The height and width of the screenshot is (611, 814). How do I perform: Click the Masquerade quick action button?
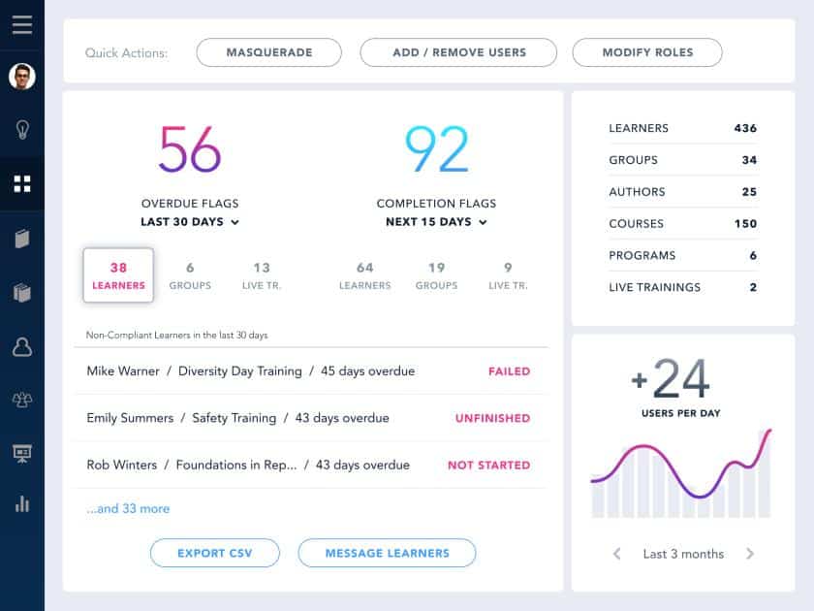click(268, 52)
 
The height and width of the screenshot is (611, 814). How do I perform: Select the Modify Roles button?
click(646, 52)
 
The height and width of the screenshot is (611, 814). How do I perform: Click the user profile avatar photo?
click(21, 77)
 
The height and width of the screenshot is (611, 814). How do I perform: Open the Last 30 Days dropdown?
click(190, 222)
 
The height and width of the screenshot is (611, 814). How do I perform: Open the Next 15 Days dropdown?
click(436, 222)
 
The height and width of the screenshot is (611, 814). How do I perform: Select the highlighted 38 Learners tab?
click(118, 275)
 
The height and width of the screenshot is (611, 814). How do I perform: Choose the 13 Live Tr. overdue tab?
click(262, 275)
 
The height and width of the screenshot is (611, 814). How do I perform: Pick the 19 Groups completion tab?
click(436, 275)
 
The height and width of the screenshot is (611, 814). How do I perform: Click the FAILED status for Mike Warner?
click(509, 371)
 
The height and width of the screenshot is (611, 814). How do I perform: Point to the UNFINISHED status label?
click(492, 419)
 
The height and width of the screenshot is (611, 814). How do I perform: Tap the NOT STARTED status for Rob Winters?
click(488, 466)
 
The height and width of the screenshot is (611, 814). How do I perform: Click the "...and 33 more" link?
click(128, 508)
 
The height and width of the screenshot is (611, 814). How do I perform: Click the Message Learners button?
click(387, 553)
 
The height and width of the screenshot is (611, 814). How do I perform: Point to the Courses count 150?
click(744, 223)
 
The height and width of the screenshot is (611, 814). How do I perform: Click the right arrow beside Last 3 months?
click(749, 554)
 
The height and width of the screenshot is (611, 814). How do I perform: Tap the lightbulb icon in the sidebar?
click(21, 130)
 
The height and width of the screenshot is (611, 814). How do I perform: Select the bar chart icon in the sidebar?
click(21, 503)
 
